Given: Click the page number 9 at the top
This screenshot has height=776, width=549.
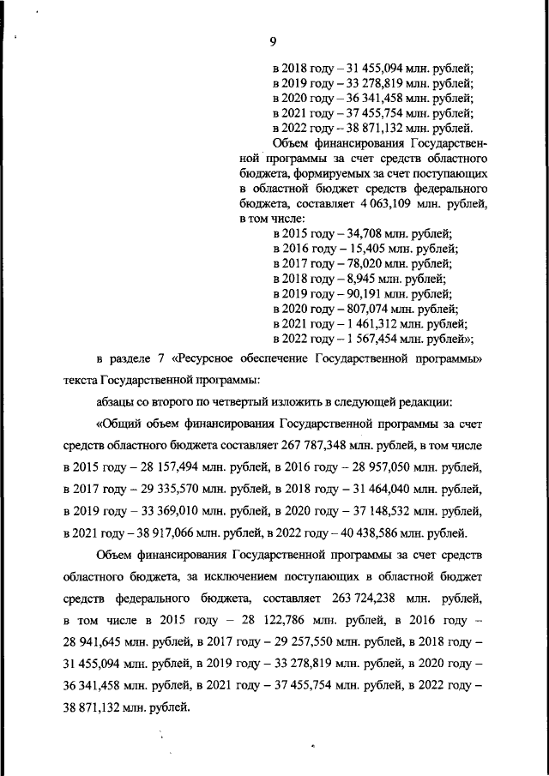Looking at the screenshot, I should (x=273, y=41).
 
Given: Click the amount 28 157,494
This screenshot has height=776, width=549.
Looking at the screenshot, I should (x=163, y=468).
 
